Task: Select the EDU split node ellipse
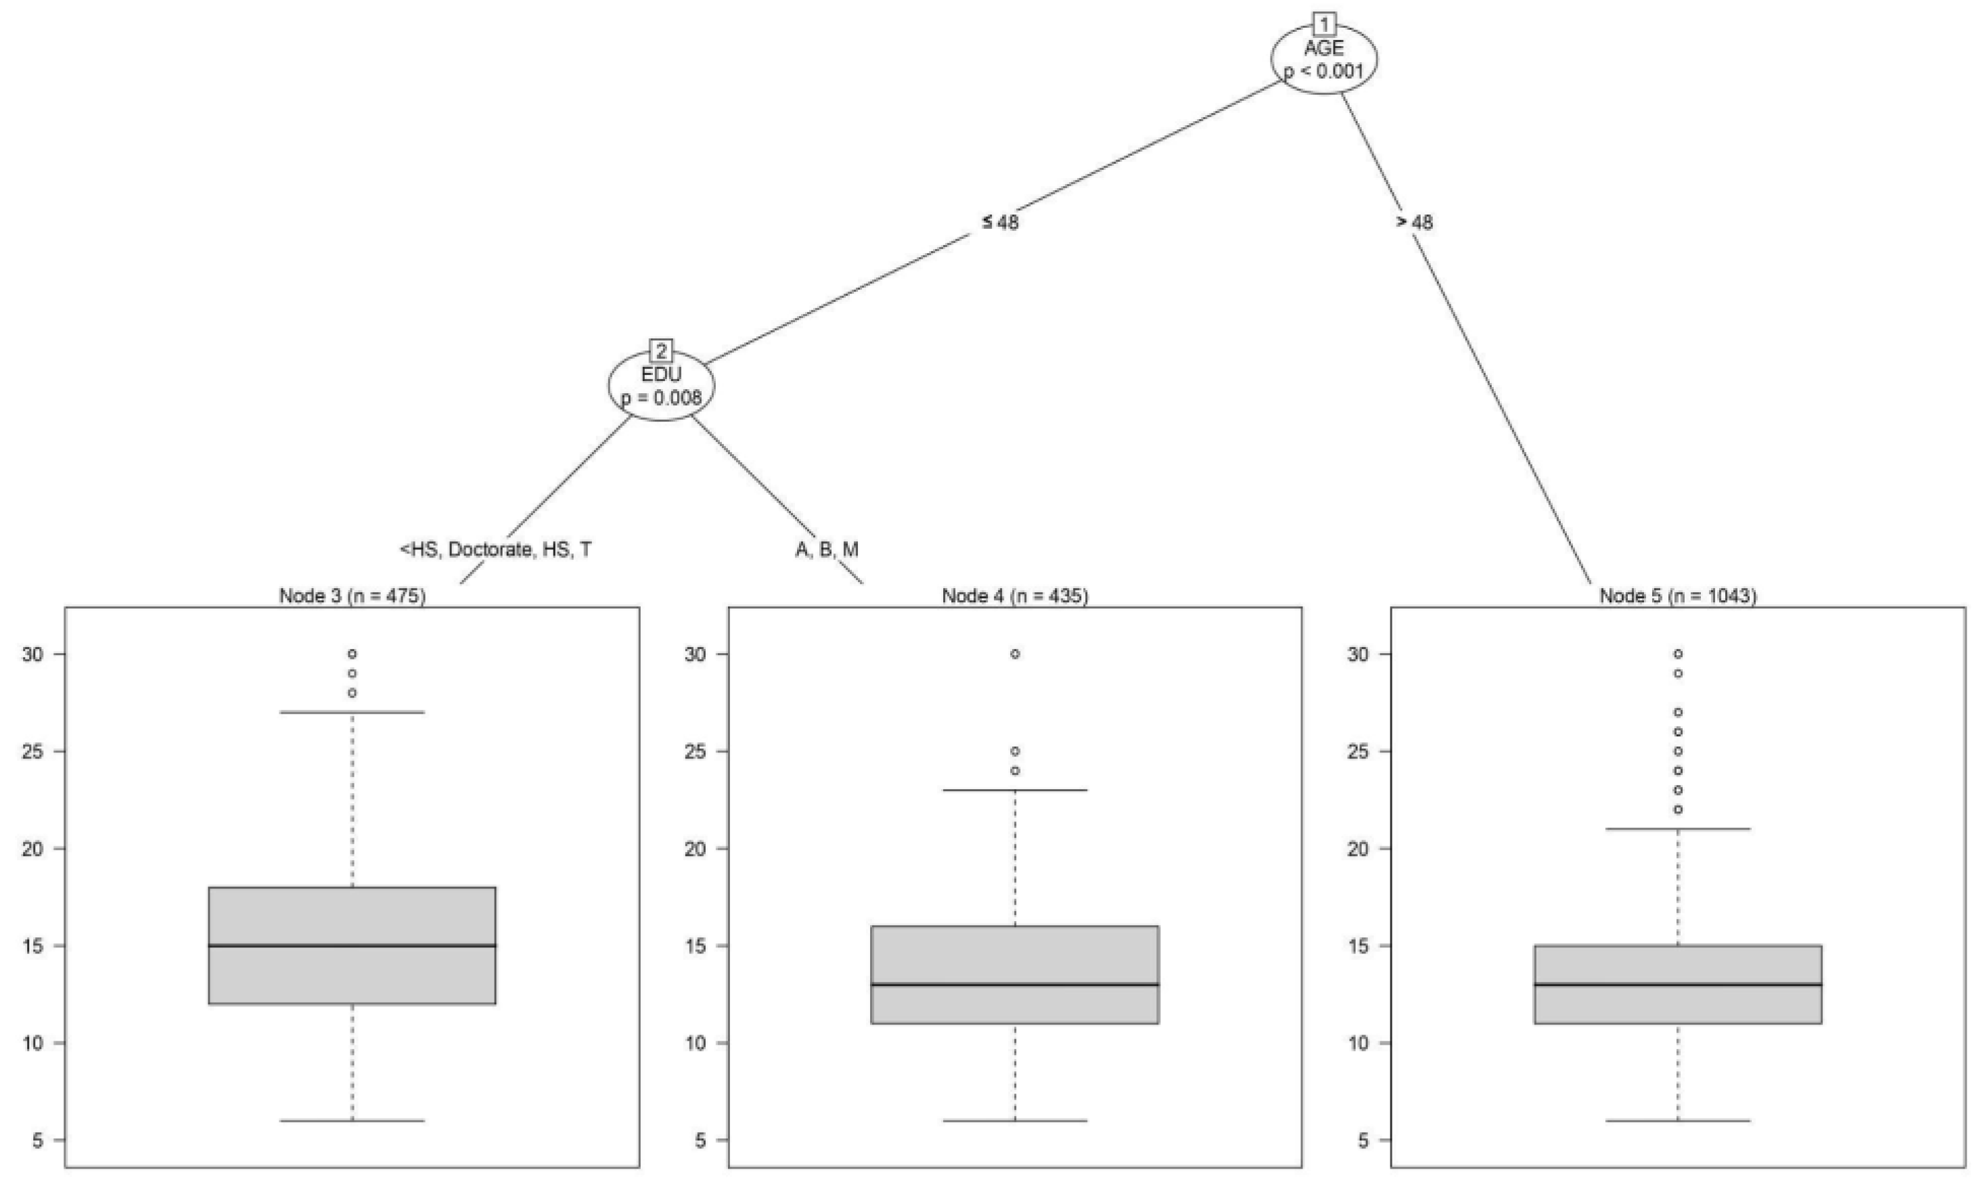click(x=661, y=386)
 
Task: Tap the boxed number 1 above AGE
click(x=1323, y=24)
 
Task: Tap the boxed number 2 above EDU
click(x=661, y=351)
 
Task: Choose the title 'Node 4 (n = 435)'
click(x=1015, y=596)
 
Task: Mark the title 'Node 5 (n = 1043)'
click(x=1678, y=596)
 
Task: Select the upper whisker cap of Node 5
click(x=1678, y=829)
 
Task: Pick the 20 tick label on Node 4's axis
click(x=695, y=849)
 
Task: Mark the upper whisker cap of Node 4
click(x=1015, y=790)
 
